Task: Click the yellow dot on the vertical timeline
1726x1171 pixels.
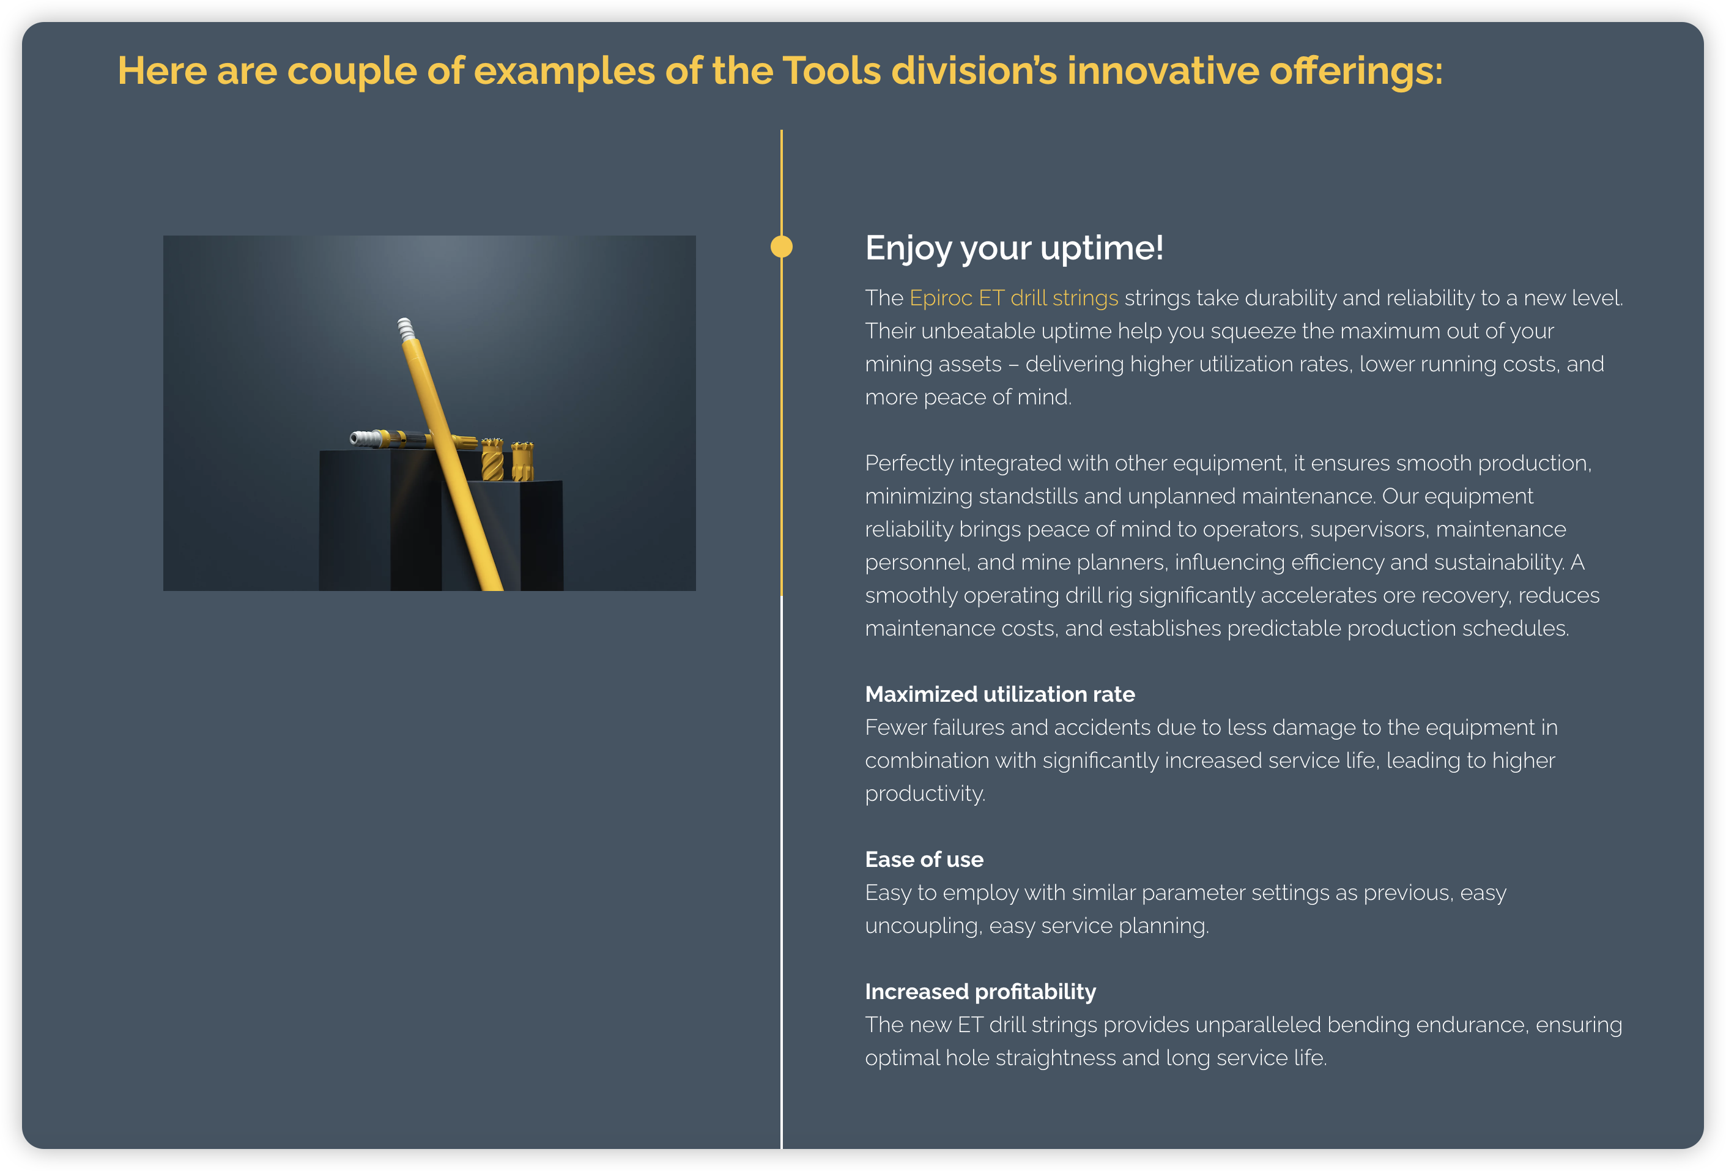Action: [x=781, y=247]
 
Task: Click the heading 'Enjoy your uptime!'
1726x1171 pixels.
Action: [x=1014, y=248]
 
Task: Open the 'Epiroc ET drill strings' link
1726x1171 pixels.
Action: [x=1014, y=298]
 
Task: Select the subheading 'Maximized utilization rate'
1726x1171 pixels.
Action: [x=999, y=694]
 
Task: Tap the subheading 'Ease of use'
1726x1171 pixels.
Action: [x=924, y=860]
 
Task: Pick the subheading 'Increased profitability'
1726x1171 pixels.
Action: [x=980, y=992]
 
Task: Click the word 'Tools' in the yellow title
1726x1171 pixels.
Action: [x=832, y=72]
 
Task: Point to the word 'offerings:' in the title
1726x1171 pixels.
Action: [x=1356, y=72]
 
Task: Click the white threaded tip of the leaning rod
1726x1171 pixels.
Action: [x=406, y=329]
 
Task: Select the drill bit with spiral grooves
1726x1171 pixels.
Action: [x=492, y=459]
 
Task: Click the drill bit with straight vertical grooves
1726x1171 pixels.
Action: [x=522, y=461]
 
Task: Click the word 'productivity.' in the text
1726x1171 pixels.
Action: [x=925, y=794]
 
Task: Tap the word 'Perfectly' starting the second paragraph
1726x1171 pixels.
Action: [x=909, y=464]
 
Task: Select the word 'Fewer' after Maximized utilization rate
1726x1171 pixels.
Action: [x=895, y=727]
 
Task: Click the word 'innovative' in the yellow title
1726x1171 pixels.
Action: [x=1163, y=72]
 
